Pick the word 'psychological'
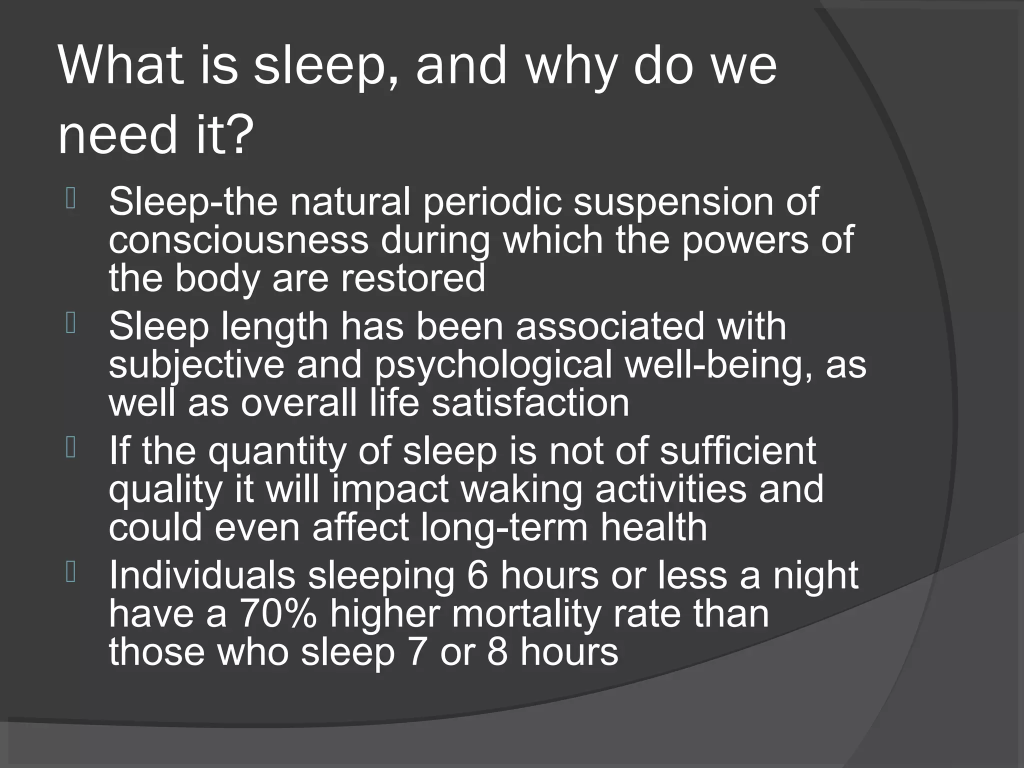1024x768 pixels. tap(493, 365)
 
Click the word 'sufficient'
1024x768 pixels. tap(737, 450)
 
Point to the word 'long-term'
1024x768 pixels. tap(504, 527)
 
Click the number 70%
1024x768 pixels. tap(278, 614)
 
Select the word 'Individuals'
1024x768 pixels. tap(202, 575)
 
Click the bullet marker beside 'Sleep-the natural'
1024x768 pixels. tap(70, 199)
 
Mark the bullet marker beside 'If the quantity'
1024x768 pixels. tap(70, 448)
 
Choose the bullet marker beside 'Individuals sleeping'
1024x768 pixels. tap(70, 573)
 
